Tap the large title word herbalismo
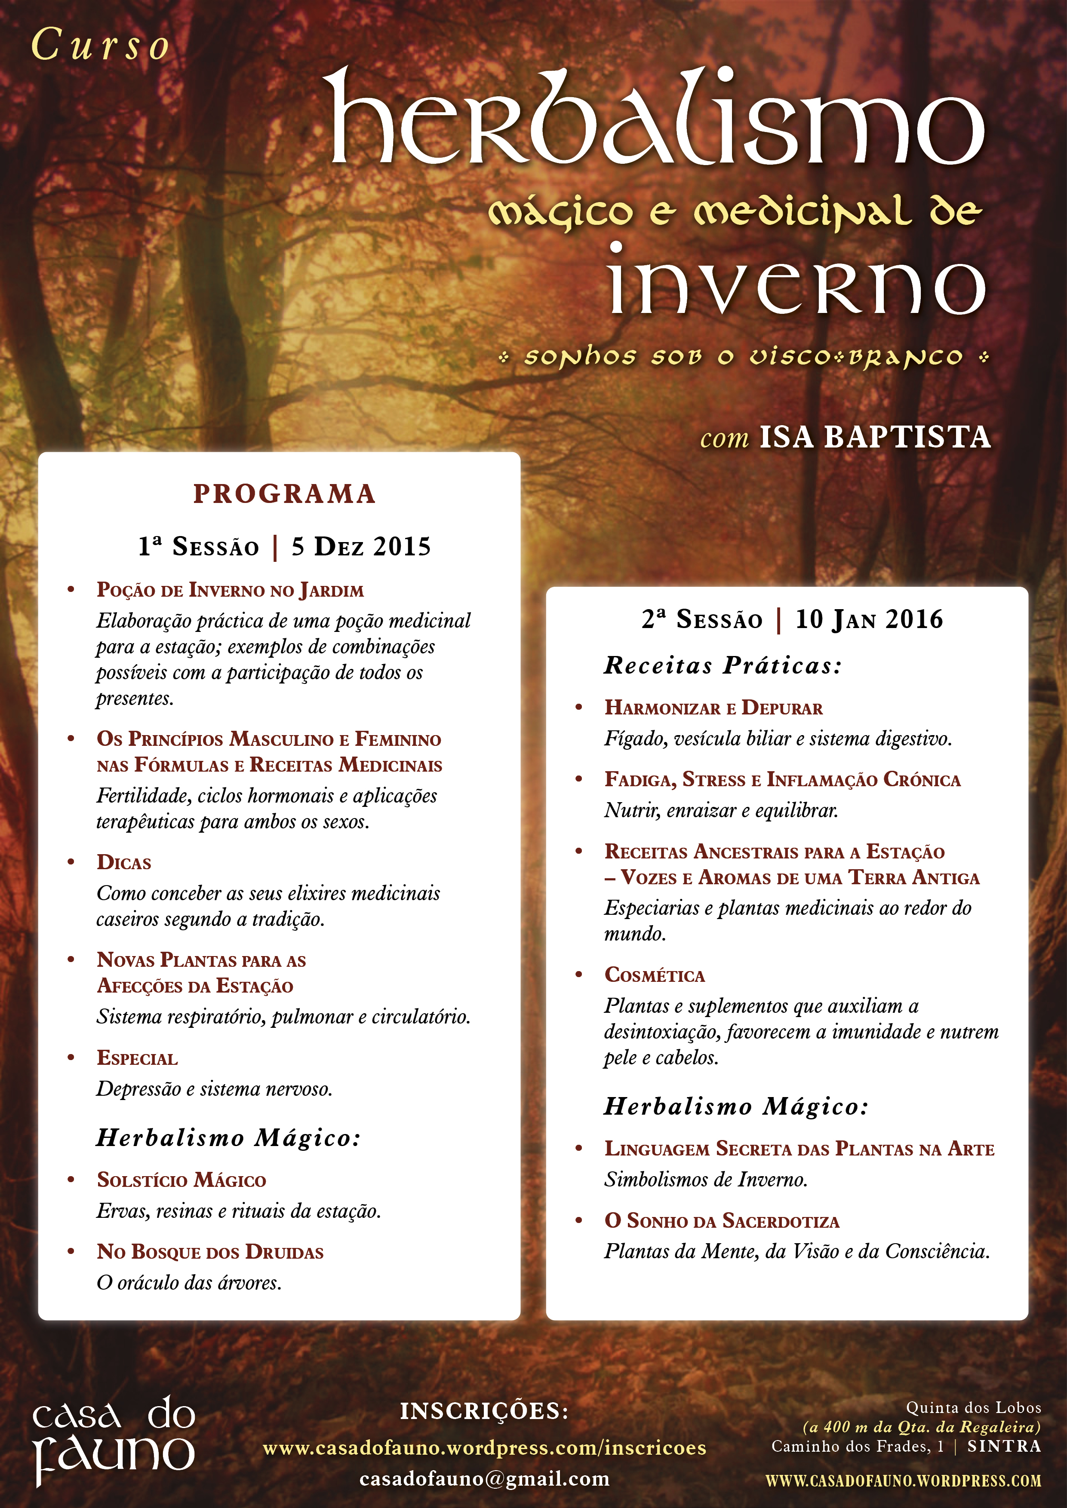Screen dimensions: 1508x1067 (657, 118)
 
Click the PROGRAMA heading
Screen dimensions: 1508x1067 (284, 494)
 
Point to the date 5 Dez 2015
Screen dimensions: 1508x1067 (361, 546)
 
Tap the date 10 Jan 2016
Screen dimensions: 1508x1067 (869, 619)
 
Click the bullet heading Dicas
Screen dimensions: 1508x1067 (123, 862)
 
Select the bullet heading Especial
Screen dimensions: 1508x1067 (137, 1058)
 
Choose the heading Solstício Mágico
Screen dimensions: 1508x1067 (181, 1180)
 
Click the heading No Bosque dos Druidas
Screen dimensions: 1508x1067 (210, 1252)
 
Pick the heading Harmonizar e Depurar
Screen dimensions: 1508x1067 (713, 708)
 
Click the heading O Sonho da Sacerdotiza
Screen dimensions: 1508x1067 (721, 1221)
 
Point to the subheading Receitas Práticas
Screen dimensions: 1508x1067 (723, 665)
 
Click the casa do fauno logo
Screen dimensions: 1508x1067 (114, 1441)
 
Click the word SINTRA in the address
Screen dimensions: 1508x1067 (1004, 1446)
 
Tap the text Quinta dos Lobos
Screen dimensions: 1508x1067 (973, 1407)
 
